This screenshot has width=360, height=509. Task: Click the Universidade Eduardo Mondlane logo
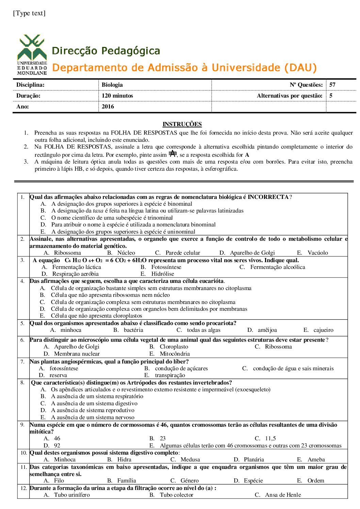pyautogui.click(x=32, y=54)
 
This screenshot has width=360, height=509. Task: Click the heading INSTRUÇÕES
pyautogui.click(x=182, y=124)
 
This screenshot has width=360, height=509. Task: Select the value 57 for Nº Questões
pyautogui.click(x=332, y=85)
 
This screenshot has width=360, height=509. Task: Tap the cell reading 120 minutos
pyautogui.click(x=117, y=96)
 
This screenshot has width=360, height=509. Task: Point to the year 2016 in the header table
pyautogui.click(x=108, y=106)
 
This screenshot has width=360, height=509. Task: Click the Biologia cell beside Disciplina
pyautogui.click(x=112, y=85)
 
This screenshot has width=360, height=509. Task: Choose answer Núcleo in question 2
pyautogui.click(x=126, y=253)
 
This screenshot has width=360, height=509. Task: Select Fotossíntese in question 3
pyautogui.click(x=166, y=267)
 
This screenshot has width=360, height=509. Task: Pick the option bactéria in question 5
pyautogui.click(x=133, y=330)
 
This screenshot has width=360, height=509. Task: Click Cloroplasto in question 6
pyautogui.click(x=174, y=346)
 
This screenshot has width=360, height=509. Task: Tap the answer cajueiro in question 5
pyautogui.click(x=323, y=330)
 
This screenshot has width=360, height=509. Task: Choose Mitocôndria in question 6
pyautogui.click(x=175, y=354)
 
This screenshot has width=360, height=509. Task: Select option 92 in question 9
pyautogui.click(x=57, y=445)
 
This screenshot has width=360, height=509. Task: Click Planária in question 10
pyautogui.click(x=254, y=459)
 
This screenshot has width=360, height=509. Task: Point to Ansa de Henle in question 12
pyautogui.click(x=283, y=495)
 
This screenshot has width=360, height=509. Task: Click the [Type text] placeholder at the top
pyautogui.click(x=29, y=13)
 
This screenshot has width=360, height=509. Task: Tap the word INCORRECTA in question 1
pyautogui.click(x=268, y=197)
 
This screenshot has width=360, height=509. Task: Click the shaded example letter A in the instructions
pyautogui.click(x=173, y=154)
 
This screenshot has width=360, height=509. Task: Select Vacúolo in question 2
pyautogui.click(x=318, y=253)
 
